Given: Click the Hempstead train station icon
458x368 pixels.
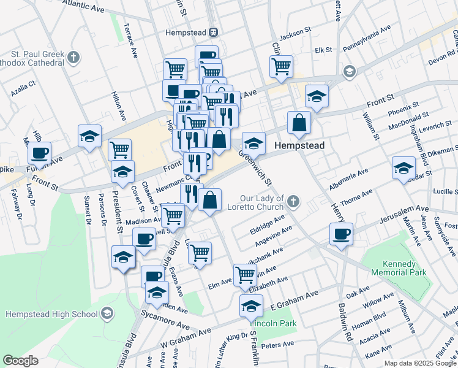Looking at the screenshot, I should pos(214,33).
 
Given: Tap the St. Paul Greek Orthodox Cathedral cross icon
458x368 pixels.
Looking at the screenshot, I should pos(73,58).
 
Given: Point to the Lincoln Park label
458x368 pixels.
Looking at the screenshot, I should pos(269,323).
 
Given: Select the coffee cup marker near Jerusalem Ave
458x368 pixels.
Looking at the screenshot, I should pos(341,233).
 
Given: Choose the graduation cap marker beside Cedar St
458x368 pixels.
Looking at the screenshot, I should pos(404,167).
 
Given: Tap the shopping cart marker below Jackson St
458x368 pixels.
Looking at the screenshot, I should pos(281,65).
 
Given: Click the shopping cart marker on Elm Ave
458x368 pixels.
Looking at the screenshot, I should pos(245,274).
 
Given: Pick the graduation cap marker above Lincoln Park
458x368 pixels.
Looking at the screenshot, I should pos(251,305).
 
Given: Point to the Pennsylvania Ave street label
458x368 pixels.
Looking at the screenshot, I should pos(367,39).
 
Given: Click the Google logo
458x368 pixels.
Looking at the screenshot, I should pos(21,361).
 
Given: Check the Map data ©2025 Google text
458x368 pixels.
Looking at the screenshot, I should pos(419,363).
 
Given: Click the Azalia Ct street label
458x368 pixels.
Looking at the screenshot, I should pos(23,91).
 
